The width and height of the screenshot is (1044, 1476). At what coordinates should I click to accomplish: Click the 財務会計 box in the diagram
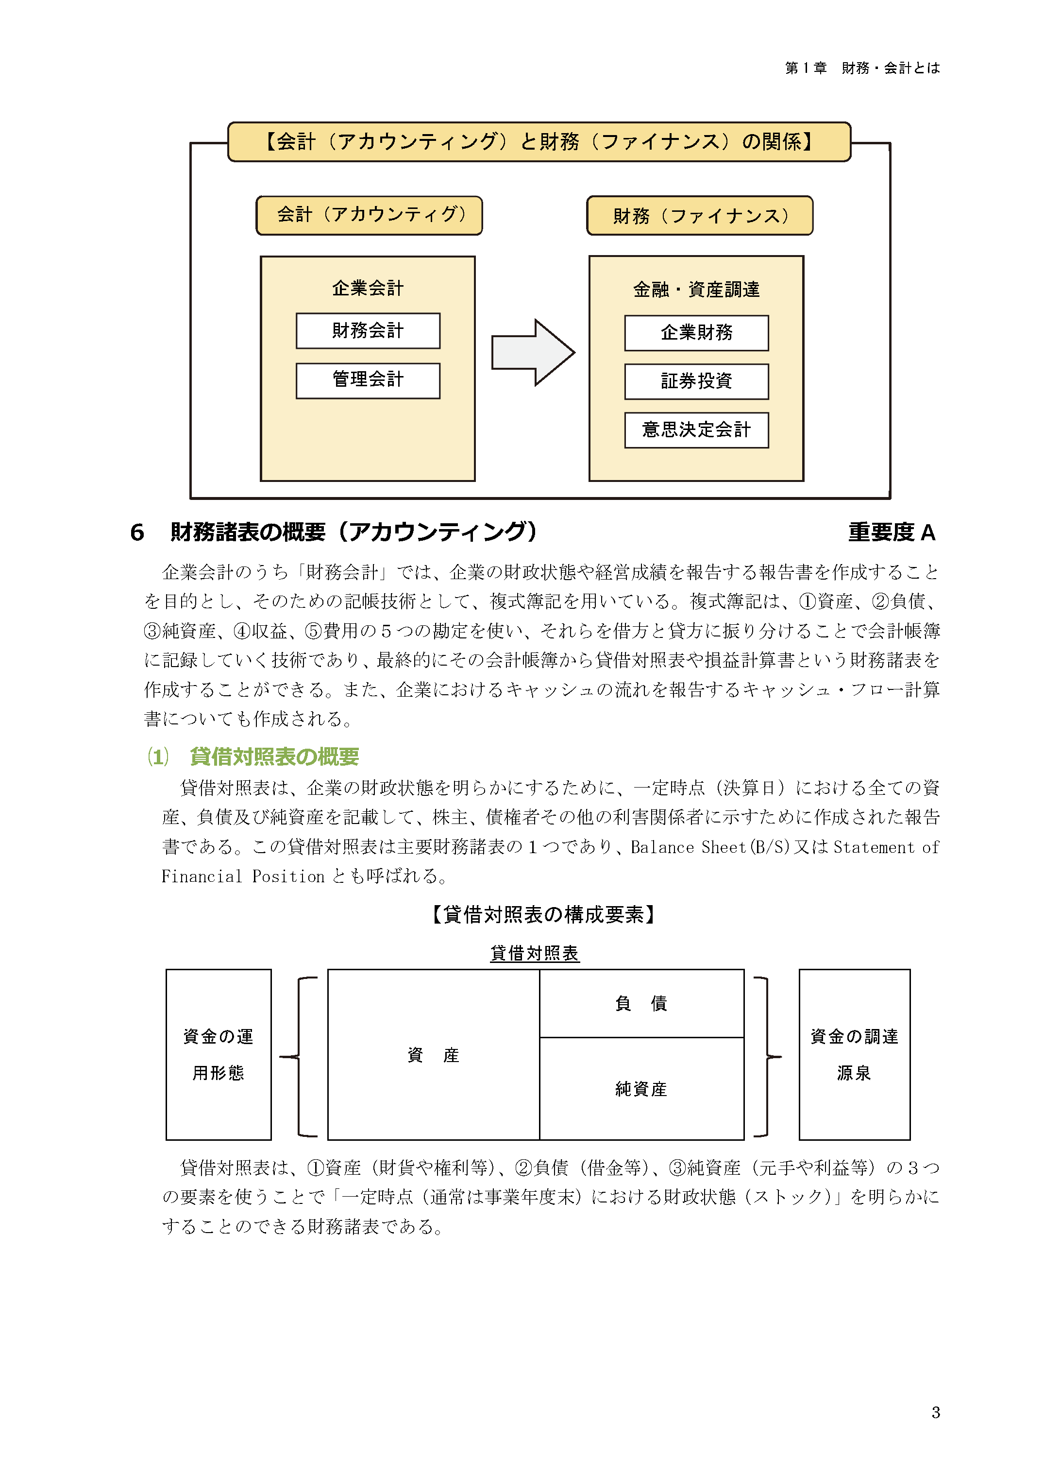[368, 330]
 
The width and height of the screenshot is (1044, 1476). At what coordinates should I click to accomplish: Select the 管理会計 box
[368, 380]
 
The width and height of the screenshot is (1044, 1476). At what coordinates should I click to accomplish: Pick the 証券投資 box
[696, 381]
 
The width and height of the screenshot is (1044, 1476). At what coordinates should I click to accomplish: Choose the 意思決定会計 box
[696, 429]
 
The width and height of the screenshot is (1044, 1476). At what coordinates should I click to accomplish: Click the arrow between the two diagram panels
[532, 352]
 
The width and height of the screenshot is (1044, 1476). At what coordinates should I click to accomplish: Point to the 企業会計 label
[368, 288]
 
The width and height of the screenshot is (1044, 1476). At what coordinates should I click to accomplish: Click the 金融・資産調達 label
[696, 290]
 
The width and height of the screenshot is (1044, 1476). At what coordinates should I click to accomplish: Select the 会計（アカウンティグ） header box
[369, 215]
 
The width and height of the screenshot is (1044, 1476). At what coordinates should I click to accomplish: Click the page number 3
[935, 1412]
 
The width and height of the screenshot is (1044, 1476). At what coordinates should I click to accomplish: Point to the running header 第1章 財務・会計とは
[862, 68]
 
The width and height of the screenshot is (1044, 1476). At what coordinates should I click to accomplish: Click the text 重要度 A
[891, 532]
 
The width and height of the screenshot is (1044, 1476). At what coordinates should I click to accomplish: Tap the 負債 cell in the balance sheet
[641, 1003]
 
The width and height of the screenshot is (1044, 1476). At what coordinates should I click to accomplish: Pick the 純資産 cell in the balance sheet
[641, 1088]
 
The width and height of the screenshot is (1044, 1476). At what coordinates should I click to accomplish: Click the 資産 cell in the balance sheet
[433, 1055]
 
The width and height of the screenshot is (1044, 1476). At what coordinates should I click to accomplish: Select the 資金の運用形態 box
[219, 1055]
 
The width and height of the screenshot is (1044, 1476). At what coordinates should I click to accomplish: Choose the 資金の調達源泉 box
[854, 1055]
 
